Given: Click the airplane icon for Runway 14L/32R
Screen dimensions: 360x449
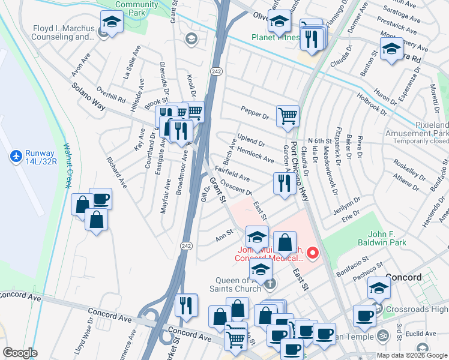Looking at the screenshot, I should (x=16, y=157).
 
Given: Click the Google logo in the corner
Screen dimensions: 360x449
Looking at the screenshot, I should (x=20, y=353).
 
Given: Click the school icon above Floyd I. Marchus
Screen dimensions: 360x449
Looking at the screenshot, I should (x=111, y=22).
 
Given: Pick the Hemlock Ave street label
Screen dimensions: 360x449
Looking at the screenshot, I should (x=255, y=154).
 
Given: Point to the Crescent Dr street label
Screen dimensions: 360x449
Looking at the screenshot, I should (x=235, y=188).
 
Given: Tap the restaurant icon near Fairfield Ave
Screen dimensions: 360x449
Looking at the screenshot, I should (x=282, y=182).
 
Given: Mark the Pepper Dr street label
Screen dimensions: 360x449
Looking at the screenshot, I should (x=255, y=113).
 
